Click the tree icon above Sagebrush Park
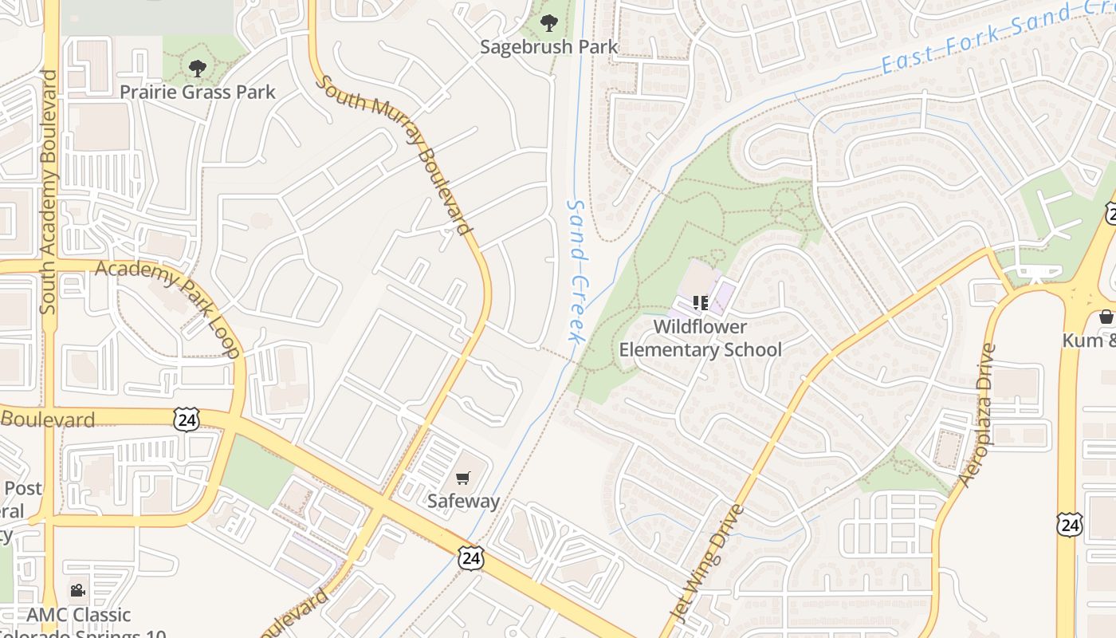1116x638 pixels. (548, 23)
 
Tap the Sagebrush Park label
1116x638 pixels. (548, 47)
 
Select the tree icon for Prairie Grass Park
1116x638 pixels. (198, 69)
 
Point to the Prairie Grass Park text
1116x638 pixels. (198, 93)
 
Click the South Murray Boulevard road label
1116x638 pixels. (394, 155)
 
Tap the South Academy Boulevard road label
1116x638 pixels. (49, 191)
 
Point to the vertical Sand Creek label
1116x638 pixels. (576, 271)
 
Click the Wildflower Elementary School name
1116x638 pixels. (701, 338)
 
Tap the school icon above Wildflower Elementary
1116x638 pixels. (701, 303)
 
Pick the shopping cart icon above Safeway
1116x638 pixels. (463, 478)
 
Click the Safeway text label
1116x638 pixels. (463, 501)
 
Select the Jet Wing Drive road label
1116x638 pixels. (709, 563)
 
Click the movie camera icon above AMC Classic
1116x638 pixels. (77, 591)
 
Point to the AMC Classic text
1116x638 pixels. (78, 615)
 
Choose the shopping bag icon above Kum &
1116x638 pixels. (1106, 317)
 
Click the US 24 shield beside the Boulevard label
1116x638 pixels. (187, 419)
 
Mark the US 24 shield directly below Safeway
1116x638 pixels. (471, 558)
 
